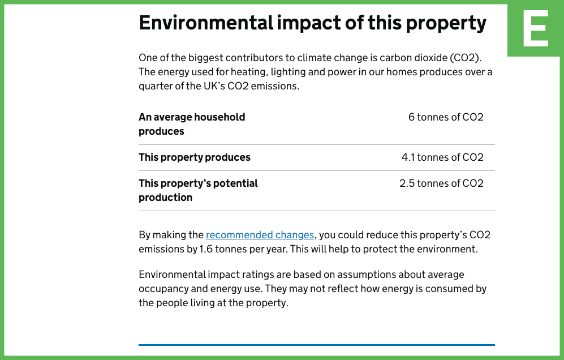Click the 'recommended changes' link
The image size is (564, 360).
point(260,235)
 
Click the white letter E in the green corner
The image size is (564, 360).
point(536,28)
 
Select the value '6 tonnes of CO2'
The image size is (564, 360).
point(446,117)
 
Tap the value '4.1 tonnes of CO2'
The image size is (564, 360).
point(442,157)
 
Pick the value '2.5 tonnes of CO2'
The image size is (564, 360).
point(441,183)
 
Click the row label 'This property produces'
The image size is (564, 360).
point(195,157)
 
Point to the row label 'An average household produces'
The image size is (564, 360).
point(192,124)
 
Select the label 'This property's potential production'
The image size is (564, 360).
point(198,190)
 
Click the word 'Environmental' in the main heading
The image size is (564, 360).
point(206,23)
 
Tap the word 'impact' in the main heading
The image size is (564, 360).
point(309,23)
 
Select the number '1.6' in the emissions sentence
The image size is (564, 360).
point(206,249)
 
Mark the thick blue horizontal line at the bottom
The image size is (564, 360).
point(317,345)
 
